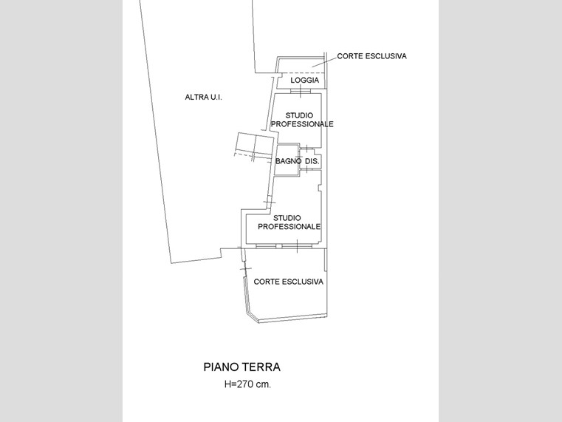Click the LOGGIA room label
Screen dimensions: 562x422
[x=305, y=80]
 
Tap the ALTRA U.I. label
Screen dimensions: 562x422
[x=203, y=97]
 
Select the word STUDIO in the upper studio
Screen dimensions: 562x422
[x=299, y=115]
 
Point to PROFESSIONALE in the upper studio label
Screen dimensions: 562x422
[x=302, y=124]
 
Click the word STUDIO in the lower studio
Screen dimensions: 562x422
[x=287, y=218]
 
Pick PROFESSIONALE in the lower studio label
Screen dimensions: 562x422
[x=289, y=227]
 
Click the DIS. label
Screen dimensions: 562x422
[x=312, y=161]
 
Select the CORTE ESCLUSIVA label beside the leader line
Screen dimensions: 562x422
[x=371, y=56]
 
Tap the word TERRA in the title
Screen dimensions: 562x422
[x=261, y=367]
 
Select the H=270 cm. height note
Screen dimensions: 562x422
[x=247, y=384]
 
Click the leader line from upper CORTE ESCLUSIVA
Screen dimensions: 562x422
[x=324, y=62]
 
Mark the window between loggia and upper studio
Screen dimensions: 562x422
[x=301, y=92]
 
